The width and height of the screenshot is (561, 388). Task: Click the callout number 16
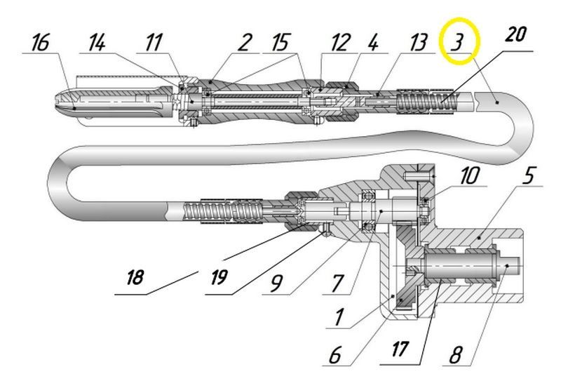tap(40, 42)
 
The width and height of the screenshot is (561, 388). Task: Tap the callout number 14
tap(97, 42)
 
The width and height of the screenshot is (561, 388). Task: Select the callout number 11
tap(154, 42)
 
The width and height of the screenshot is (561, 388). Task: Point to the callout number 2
tap(245, 42)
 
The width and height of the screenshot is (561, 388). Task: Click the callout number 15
tap(280, 42)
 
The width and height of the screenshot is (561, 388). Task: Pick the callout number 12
tap(339, 42)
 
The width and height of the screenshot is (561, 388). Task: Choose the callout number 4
tap(373, 42)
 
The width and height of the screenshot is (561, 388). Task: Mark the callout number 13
tap(418, 42)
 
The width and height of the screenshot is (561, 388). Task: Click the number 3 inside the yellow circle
tap(457, 41)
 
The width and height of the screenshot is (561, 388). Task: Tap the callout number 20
tap(515, 34)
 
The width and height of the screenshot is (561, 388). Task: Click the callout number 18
tap(135, 277)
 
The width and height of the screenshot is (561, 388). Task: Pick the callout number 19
tap(219, 277)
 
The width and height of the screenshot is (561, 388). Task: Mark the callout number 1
tap(339, 316)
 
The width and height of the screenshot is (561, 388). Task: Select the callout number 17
tap(400, 349)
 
